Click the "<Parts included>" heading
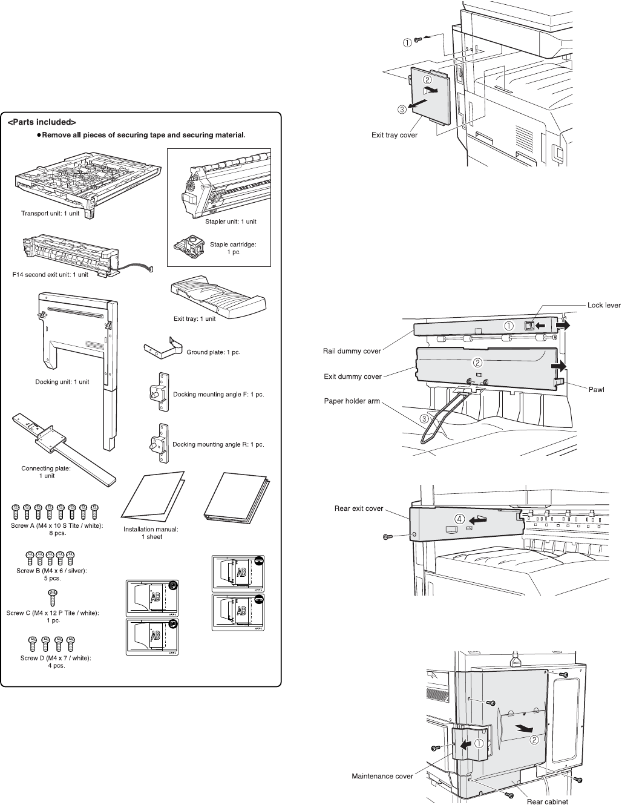point(41,122)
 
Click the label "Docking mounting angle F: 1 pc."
point(218,395)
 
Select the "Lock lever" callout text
point(604,305)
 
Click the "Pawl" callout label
point(597,389)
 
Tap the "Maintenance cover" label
point(382,776)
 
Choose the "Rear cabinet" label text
point(548,801)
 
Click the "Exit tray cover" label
point(394,135)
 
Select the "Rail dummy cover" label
point(352,351)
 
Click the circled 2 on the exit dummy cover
point(477,363)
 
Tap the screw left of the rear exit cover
point(388,537)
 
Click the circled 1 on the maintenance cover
point(478,743)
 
